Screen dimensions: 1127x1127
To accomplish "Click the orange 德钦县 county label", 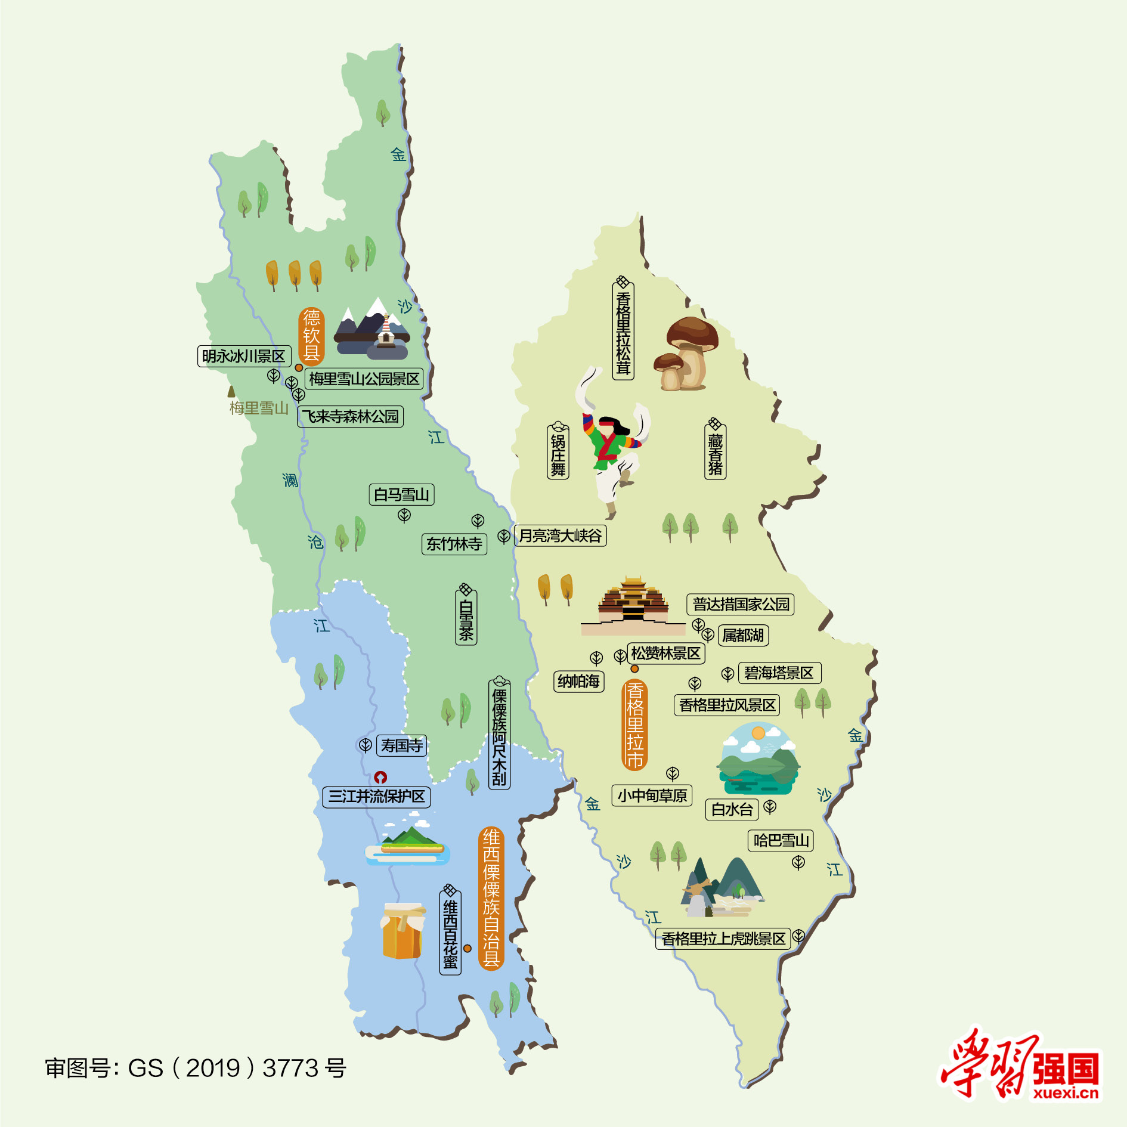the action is click(311, 336).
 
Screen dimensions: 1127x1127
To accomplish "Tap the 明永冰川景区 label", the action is click(244, 356).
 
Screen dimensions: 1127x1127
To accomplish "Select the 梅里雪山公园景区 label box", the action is click(364, 379).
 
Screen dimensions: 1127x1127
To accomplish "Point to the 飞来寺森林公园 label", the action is click(351, 416).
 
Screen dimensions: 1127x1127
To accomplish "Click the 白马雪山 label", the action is click(401, 494).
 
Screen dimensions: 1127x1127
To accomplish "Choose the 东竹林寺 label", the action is click(454, 544).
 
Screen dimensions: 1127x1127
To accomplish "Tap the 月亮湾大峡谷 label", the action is click(560, 535).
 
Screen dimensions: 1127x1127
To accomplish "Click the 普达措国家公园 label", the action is click(741, 604).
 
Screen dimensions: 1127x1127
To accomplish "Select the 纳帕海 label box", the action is click(579, 681).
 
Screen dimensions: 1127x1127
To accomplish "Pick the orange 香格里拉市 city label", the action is click(635, 725).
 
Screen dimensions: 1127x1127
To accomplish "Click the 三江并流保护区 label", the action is click(376, 797).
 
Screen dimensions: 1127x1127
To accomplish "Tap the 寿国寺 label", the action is click(401, 745).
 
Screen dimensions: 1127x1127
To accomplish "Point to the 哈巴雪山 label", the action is click(781, 840).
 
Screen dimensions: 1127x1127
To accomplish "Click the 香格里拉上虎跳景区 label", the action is click(723, 939).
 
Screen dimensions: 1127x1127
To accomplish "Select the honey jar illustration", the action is click(402, 930).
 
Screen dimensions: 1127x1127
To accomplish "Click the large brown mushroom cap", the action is click(692, 331).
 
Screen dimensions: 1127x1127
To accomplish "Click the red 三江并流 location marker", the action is click(380, 777).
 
